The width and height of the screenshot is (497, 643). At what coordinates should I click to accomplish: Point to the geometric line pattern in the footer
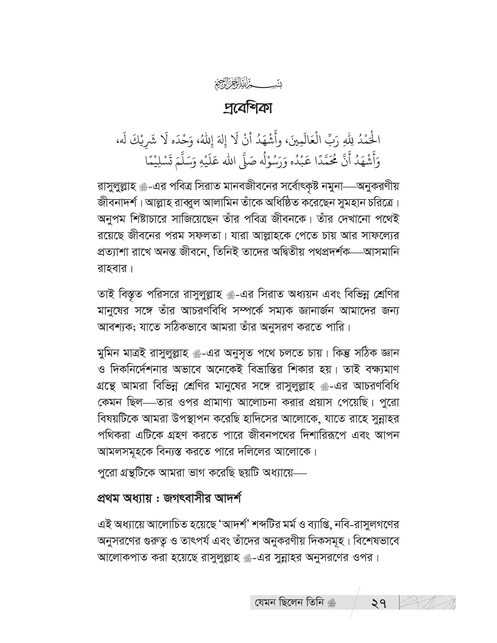[x=428, y=602]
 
